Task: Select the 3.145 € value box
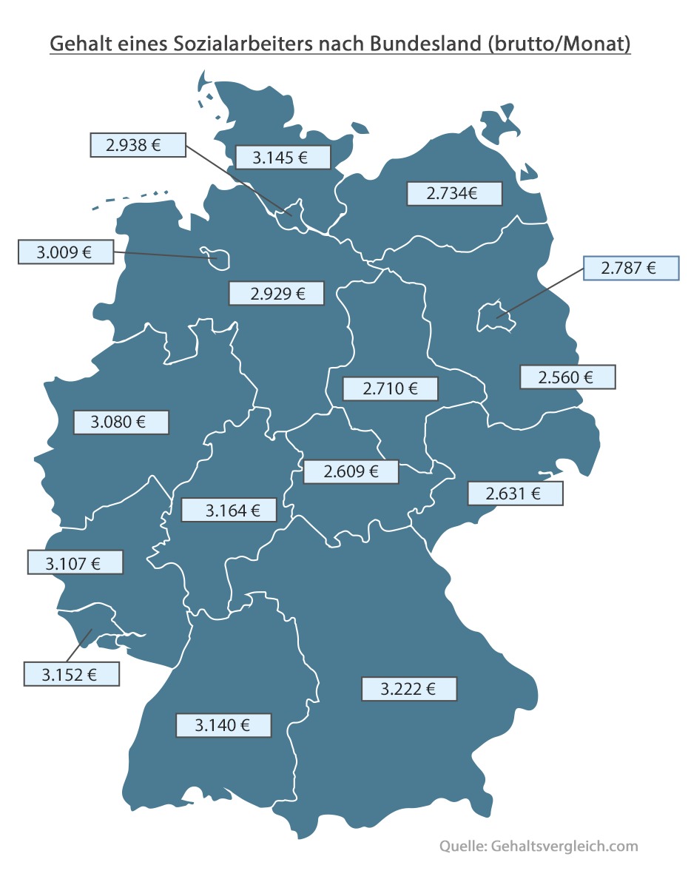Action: click(x=283, y=158)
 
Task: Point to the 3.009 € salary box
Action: click(x=65, y=252)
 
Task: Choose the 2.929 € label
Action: click(x=277, y=294)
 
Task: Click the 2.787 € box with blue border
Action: click(x=631, y=268)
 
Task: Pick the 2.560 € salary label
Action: click(x=567, y=377)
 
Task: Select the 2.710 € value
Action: click(x=391, y=388)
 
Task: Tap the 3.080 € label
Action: click(x=121, y=423)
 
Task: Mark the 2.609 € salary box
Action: click(x=351, y=471)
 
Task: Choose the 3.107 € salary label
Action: click(x=75, y=562)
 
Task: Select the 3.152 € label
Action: click(x=71, y=674)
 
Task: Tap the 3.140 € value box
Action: click(x=223, y=725)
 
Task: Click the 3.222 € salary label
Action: click(x=409, y=689)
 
